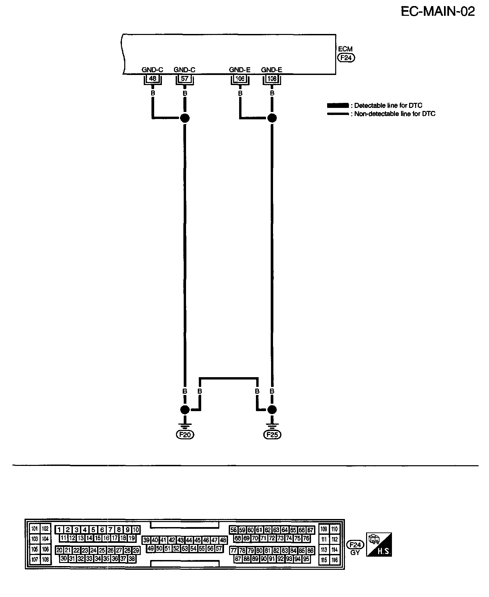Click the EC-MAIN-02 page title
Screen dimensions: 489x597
coord(438,12)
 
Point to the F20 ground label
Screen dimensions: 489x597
coord(185,435)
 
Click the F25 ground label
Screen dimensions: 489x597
coord(272,435)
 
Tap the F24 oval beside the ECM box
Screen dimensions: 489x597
coord(346,58)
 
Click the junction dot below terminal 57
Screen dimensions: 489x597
coord(185,118)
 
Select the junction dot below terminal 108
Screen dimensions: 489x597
coord(272,118)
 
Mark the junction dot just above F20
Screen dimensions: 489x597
coord(185,410)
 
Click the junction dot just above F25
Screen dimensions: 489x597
coord(272,410)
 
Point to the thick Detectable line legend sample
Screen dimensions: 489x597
coord(338,106)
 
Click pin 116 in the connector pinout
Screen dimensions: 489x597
coord(335,560)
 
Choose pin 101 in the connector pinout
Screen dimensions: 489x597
coord(35,529)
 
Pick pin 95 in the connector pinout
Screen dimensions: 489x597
coord(306,559)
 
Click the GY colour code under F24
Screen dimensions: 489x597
coord(355,552)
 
